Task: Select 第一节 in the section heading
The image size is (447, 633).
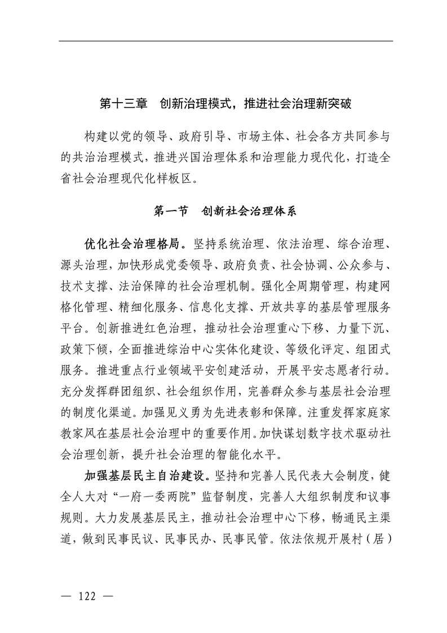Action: (x=172, y=212)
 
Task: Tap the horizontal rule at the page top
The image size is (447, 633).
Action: (x=225, y=41)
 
